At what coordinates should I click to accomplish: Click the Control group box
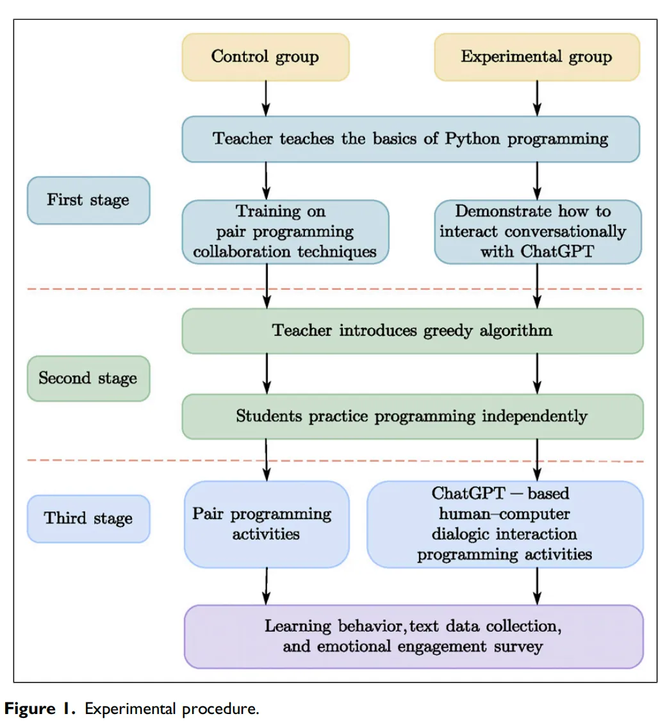(265, 57)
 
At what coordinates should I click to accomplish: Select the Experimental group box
(537, 57)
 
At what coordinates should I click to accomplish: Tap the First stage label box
(88, 200)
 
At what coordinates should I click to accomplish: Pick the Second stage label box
(88, 378)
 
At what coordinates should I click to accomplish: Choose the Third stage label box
(88, 518)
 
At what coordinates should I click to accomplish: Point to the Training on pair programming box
(285, 232)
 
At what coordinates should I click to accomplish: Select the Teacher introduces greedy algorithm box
(412, 331)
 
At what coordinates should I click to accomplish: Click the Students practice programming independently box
(412, 417)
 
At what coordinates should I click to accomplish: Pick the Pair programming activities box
(267, 524)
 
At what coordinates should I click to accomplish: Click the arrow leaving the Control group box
(266, 98)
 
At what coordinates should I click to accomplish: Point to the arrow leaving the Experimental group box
(537, 98)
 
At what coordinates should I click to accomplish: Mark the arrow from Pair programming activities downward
(266, 586)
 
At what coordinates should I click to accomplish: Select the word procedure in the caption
(226, 709)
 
